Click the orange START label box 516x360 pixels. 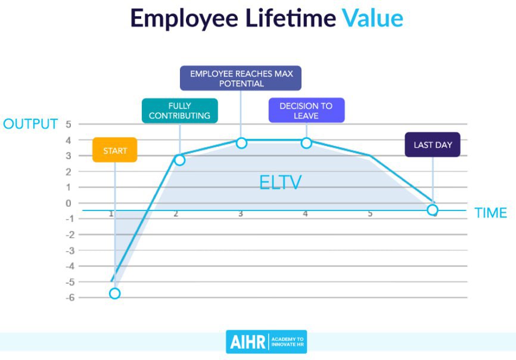[114, 150]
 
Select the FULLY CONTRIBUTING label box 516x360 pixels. [180, 111]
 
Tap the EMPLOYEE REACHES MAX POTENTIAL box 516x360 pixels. [241, 78]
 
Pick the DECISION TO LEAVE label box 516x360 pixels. [306, 110]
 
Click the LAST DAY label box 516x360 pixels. [433, 144]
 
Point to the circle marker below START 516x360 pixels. [114, 293]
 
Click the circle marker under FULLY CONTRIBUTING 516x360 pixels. [179, 160]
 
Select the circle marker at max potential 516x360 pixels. [241, 143]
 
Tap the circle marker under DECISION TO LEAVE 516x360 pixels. [306, 143]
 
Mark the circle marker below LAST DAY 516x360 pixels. [433, 210]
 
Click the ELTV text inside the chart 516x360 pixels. [281, 182]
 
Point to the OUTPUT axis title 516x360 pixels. [30, 124]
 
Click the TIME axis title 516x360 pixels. [490, 213]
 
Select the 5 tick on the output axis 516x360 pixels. [69, 125]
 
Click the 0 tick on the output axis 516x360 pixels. [69, 203]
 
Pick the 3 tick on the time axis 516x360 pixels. [241, 214]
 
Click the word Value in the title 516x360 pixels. [372, 18]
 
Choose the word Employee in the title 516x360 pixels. [184, 19]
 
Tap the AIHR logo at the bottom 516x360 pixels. [266, 342]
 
